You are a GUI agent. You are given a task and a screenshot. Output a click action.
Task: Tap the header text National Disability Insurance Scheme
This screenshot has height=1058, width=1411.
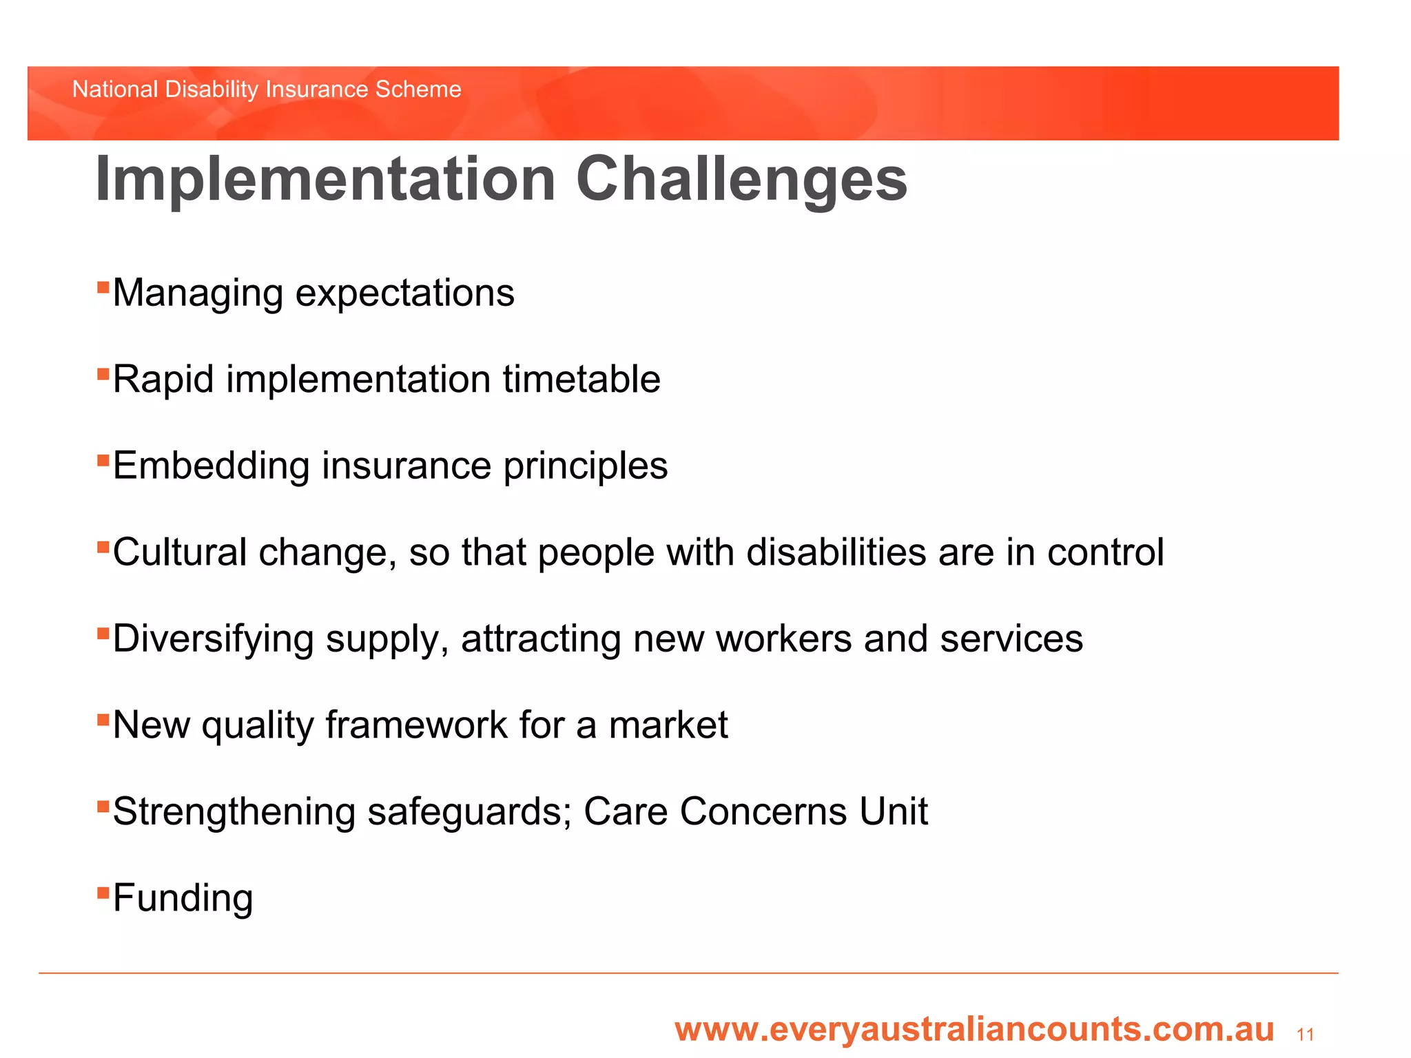click(267, 90)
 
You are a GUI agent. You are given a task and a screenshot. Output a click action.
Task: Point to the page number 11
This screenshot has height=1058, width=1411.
click(1305, 1035)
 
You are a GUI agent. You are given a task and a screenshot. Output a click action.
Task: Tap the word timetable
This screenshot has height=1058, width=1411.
click(581, 380)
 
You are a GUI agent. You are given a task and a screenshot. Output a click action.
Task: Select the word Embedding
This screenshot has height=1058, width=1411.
click(211, 466)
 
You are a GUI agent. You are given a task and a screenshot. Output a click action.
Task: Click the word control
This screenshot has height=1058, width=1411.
click(1105, 552)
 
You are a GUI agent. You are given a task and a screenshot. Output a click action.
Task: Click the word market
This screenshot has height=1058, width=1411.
click(668, 725)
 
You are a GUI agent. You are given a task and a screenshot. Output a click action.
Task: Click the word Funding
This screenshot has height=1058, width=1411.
click(183, 898)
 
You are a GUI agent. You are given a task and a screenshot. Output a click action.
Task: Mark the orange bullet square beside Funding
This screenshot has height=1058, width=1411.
click(103, 893)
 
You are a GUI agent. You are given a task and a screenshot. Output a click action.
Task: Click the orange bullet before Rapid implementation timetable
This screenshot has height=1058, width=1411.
click(103, 375)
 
